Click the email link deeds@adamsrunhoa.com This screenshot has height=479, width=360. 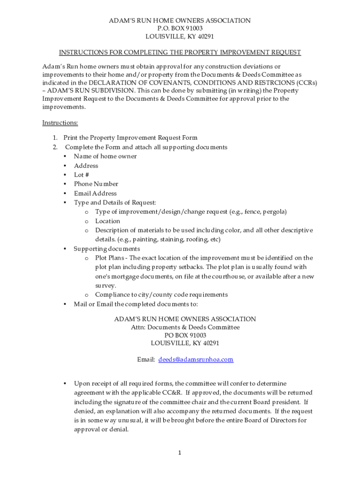(195, 360)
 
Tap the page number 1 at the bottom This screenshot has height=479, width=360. (179, 453)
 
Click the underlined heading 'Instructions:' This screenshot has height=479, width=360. (60, 123)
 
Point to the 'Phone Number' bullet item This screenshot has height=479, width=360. (96, 184)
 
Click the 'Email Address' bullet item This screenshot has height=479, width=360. (95, 194)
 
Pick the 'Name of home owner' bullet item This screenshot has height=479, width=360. (105, 157)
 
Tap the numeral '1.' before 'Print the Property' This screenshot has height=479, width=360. (55, 138)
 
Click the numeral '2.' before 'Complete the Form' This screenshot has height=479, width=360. (55, 147)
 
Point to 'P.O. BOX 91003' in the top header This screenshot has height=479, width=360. (180, 29)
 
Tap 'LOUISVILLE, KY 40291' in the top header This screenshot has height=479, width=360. (180, 37)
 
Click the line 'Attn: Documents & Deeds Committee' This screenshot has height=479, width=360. (185, 327)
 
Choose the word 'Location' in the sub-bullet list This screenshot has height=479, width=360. (108, 221)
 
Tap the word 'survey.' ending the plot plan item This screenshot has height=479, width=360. (106, 286)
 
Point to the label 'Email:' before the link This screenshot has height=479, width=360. (146, 360)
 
